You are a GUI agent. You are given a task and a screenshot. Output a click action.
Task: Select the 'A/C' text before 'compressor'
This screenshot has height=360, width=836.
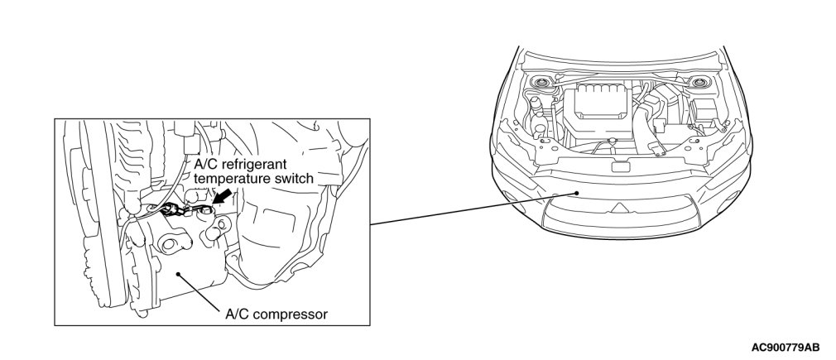(x=238, y=314)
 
